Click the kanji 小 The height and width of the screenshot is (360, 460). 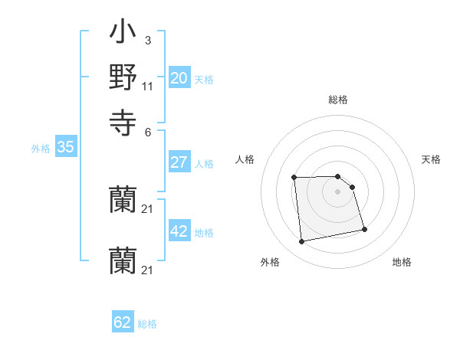[x=123, y=34]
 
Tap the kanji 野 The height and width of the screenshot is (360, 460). [x=123, y=77]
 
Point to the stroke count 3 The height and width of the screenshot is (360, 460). [x=147, y=40]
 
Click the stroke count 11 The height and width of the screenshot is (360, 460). [x=148, y=86]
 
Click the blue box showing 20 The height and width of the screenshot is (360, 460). [x=179, y=78]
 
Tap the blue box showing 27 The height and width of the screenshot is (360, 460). [x=179, y=162]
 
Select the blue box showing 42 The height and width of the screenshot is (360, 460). [x=179, y=232]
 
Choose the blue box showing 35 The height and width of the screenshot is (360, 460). [x=65, y=148]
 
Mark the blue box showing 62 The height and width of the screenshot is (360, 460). [x=123, y=322]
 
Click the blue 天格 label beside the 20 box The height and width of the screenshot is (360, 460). [x=204, y=80]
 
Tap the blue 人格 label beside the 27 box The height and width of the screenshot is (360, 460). [x=204, y=164]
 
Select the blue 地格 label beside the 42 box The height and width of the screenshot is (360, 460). [x=204, y=233]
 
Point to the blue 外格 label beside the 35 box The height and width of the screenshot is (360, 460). [x=41, y=149]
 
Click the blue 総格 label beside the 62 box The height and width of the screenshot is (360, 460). [x=147, y=324]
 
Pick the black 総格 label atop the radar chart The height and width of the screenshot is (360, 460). [x=338, y=100]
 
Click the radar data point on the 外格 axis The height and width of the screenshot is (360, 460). [x=302, y=242]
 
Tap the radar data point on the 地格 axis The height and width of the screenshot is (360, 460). [x=364, y=229]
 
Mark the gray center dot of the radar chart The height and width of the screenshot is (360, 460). [x=338, y=191]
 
